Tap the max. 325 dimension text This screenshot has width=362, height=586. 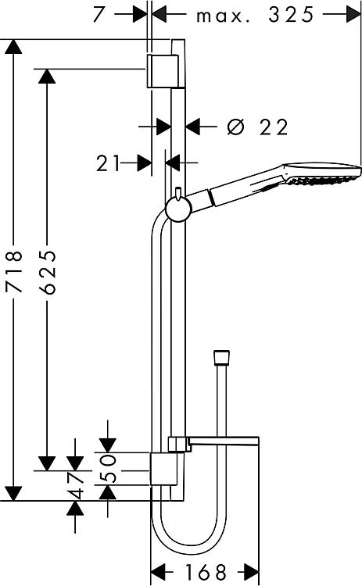[255, 15]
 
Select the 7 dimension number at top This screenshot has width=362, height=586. [101, 14]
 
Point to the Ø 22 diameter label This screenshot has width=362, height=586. [258, 127]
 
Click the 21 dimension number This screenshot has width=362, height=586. [108, 163]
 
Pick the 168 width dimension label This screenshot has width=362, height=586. [206, 572]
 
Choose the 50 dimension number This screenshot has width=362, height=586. [109, 468]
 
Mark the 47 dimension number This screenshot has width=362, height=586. [76, 485]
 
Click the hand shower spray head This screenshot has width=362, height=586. [322, 173]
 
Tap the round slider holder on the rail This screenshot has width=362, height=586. [178, 209]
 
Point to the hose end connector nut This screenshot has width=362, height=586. [221, 357]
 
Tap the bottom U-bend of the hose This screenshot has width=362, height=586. [189, 542]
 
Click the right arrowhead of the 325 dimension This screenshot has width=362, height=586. [353, 15]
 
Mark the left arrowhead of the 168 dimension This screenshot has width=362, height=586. [158, 571]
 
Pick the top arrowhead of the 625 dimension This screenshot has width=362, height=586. [47, 77]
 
